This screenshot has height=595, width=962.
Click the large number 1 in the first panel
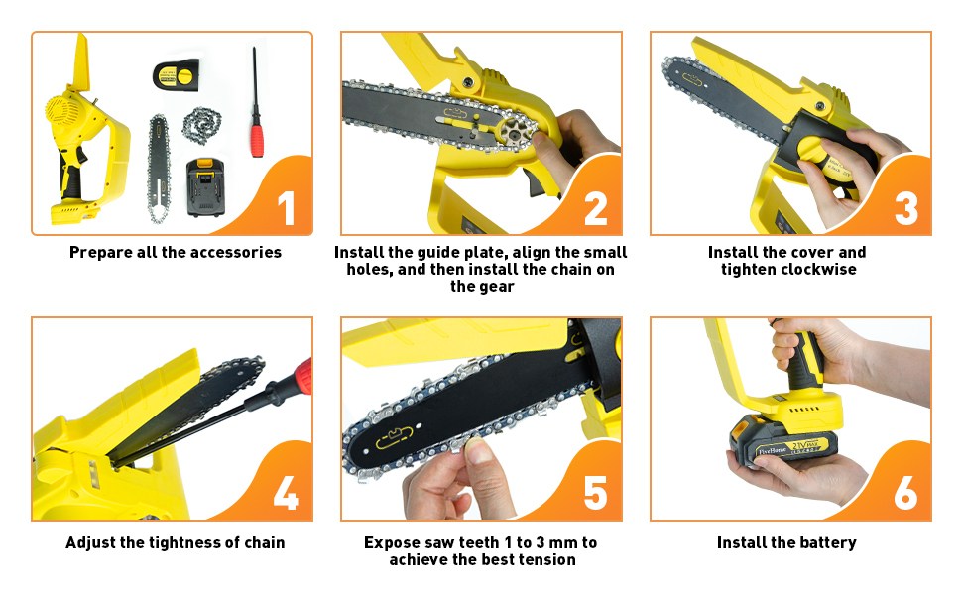(x=287, y=208)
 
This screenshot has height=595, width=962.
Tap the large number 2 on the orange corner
(x=596, y=208)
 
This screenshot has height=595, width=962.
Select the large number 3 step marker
(x=906, y=208)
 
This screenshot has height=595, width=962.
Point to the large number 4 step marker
(x=286, y=493)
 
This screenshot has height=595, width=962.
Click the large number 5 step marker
(x=596, y=493)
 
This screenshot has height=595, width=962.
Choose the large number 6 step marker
(x=906, y=493)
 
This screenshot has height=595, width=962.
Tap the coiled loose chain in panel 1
(x=202, y=124)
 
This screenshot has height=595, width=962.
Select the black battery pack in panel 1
(x=205, y=187)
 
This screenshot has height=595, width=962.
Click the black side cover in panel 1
(x=177, y=75)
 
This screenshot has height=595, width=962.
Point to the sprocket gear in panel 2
(x=515, y=130)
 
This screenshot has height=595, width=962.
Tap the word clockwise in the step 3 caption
(x=819, y=270)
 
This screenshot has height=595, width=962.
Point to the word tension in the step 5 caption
(x=546, y=560)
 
